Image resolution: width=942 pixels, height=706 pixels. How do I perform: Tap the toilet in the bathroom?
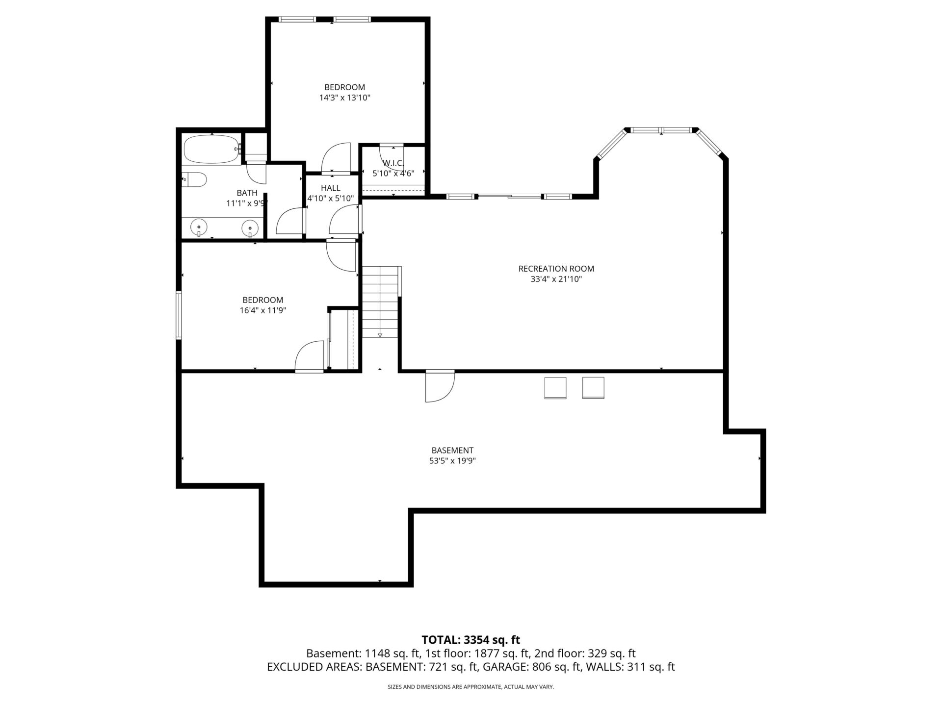click(x=194, y=180)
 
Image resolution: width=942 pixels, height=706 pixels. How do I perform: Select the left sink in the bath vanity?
click(x=199, y=227)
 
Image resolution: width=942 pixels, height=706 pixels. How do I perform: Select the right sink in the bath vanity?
click(x=250, y=227)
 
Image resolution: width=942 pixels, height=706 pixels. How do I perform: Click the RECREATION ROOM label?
click(x=556, y=269)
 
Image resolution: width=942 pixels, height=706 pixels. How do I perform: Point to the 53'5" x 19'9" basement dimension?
click(x=452, y=461)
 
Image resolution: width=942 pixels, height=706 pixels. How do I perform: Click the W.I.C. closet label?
click(x=393, y=163)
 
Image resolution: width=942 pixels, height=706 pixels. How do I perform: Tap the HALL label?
click(x=331, y=188)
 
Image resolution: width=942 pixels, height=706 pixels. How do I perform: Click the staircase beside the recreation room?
click(x=380, y=302)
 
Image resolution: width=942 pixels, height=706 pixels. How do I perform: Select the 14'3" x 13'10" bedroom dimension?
click(x=344, y=98)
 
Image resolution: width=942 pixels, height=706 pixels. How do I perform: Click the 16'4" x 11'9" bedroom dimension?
click(x=262, y=310)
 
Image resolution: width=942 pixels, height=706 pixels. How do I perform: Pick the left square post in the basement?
click(x=555, y=388)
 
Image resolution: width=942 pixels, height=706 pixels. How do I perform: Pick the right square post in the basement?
click(x=593, y=388)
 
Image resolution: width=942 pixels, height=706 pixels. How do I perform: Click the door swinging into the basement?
click(x=439, y=386)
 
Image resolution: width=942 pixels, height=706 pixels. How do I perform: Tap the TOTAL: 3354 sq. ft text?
click(x=471, y=640)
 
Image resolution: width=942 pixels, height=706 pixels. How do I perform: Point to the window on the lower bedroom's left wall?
click(x=179, y=315)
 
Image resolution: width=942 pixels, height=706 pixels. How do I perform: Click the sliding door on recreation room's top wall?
click(x=509, y=197)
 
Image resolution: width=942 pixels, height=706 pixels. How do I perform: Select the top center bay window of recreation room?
click(x=661, y=130)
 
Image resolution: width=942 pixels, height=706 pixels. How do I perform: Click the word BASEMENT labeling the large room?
click(x=452, y=450)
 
